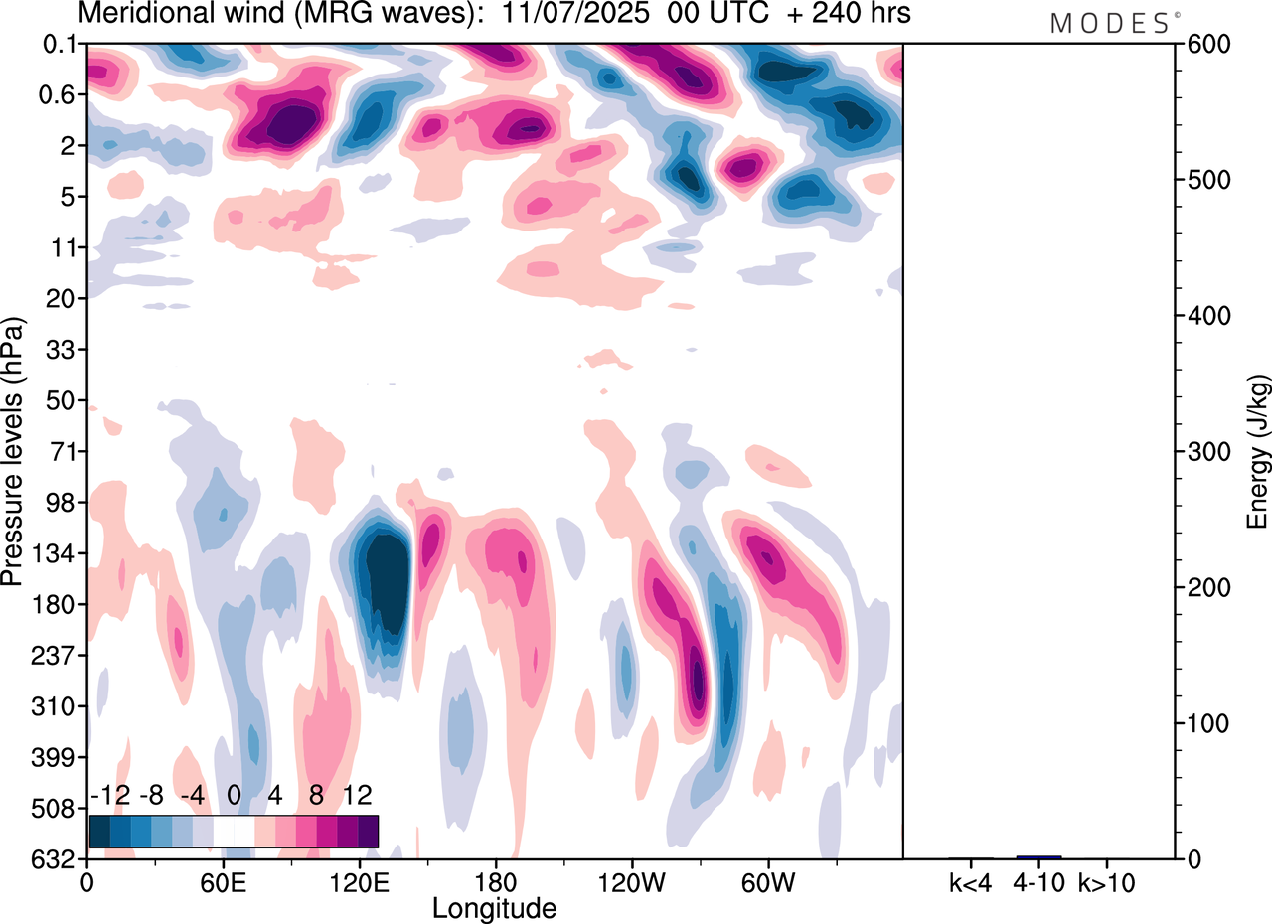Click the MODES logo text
tap(1109, 23)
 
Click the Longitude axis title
tap(494, 907)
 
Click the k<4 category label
tap(971, 881)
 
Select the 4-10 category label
tap(1038, 881)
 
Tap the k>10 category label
tap(1106, 881)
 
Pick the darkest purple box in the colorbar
tap(368, 831)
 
